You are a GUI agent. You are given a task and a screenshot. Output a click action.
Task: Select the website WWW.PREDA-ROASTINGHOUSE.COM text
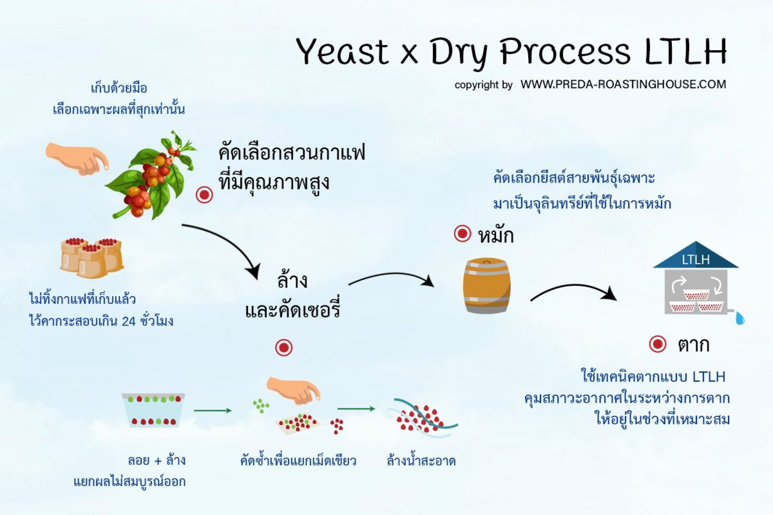click(x=623, y=84)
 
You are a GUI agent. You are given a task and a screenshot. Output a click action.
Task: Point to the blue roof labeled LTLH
click(x=696, y=257)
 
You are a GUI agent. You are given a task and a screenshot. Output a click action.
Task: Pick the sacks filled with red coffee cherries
click(x=92, y=257)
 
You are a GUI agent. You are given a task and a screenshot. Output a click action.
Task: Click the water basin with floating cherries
click(x=153, y=410)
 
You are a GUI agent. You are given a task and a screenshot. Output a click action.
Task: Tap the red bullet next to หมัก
click(x=462, y=233)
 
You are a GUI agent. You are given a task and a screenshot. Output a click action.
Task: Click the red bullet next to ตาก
click(x=658, y=344)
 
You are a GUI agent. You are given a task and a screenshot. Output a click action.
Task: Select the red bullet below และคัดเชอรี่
click(x=284, y=348)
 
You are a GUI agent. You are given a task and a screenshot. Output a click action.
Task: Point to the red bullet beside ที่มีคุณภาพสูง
click(x=204, y=195)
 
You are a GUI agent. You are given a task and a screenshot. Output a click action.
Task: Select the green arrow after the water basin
click(x=213, y=410)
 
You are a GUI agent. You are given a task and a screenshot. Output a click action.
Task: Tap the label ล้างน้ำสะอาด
click(x=421, y=460)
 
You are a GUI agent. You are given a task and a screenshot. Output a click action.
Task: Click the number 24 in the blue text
click(x=128, y=321)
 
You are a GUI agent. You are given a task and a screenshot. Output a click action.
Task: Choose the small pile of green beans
click(x=261, y=406)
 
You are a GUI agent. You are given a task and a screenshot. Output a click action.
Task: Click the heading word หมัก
click(x=496, y=236)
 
